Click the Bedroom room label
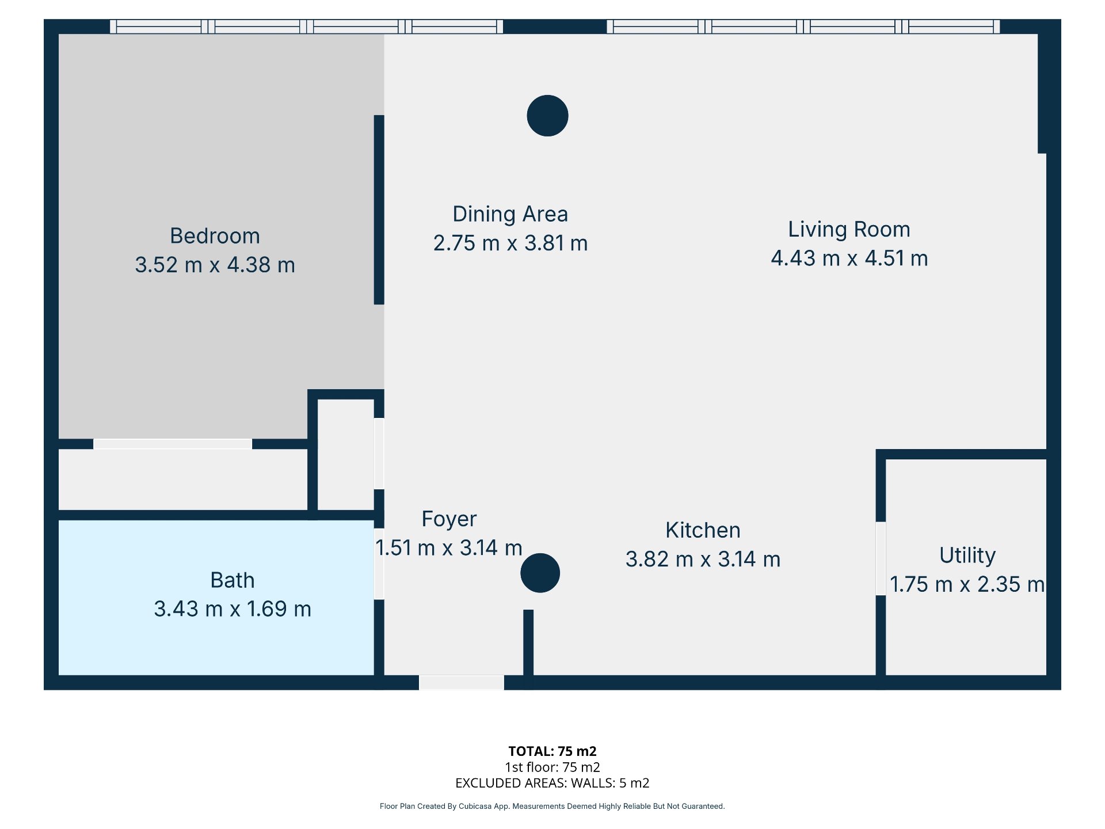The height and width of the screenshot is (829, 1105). (215, 236)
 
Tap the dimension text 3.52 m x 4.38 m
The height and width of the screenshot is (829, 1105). (215, 265)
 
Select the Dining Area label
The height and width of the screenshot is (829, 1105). (510, 214)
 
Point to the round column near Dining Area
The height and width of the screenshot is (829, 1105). (547, 116)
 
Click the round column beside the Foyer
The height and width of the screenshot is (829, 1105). (540, 573)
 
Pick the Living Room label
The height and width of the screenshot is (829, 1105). (849, 229)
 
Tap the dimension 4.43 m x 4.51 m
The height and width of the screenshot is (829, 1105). (849, 258)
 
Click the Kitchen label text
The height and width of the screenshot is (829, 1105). (703, 530)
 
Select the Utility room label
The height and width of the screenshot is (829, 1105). (967, 556)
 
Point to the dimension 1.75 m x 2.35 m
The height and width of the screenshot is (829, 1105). (967, 584)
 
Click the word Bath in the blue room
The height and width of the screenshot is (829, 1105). (232, 580)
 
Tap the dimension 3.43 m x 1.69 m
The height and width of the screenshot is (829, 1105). (232, 609)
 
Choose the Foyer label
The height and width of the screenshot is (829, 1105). (449, 519)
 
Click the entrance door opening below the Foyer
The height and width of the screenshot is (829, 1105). (462, 683)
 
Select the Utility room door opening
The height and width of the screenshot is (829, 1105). (881, 558)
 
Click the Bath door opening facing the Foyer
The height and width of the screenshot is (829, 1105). (379, 564)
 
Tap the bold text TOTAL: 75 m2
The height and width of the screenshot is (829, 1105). (552, 751)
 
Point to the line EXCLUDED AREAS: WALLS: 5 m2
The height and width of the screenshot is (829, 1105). (552, 783)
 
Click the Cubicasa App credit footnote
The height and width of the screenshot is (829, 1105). (552, 806)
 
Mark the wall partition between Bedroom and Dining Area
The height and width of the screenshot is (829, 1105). (379, 210)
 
